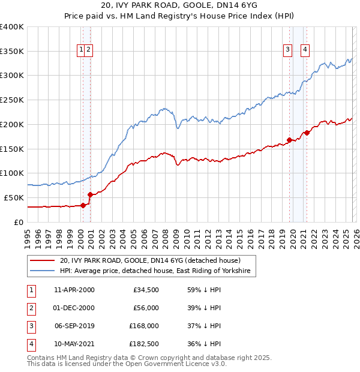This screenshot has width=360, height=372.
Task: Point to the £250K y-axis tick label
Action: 12,100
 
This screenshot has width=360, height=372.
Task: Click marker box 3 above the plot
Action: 288,50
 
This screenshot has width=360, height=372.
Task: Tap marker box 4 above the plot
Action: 305,50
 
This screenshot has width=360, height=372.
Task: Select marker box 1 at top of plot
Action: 80,50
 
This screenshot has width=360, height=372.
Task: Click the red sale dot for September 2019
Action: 289,140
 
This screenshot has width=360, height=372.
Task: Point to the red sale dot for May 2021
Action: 307,133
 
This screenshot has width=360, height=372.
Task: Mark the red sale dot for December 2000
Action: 90,194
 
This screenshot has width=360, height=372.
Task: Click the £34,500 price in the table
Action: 146,290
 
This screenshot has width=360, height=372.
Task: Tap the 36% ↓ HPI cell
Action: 205,344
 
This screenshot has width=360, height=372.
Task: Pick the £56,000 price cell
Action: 146,308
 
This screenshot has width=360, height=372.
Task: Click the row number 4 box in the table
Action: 31,344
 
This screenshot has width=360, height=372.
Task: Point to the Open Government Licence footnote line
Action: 119,364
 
